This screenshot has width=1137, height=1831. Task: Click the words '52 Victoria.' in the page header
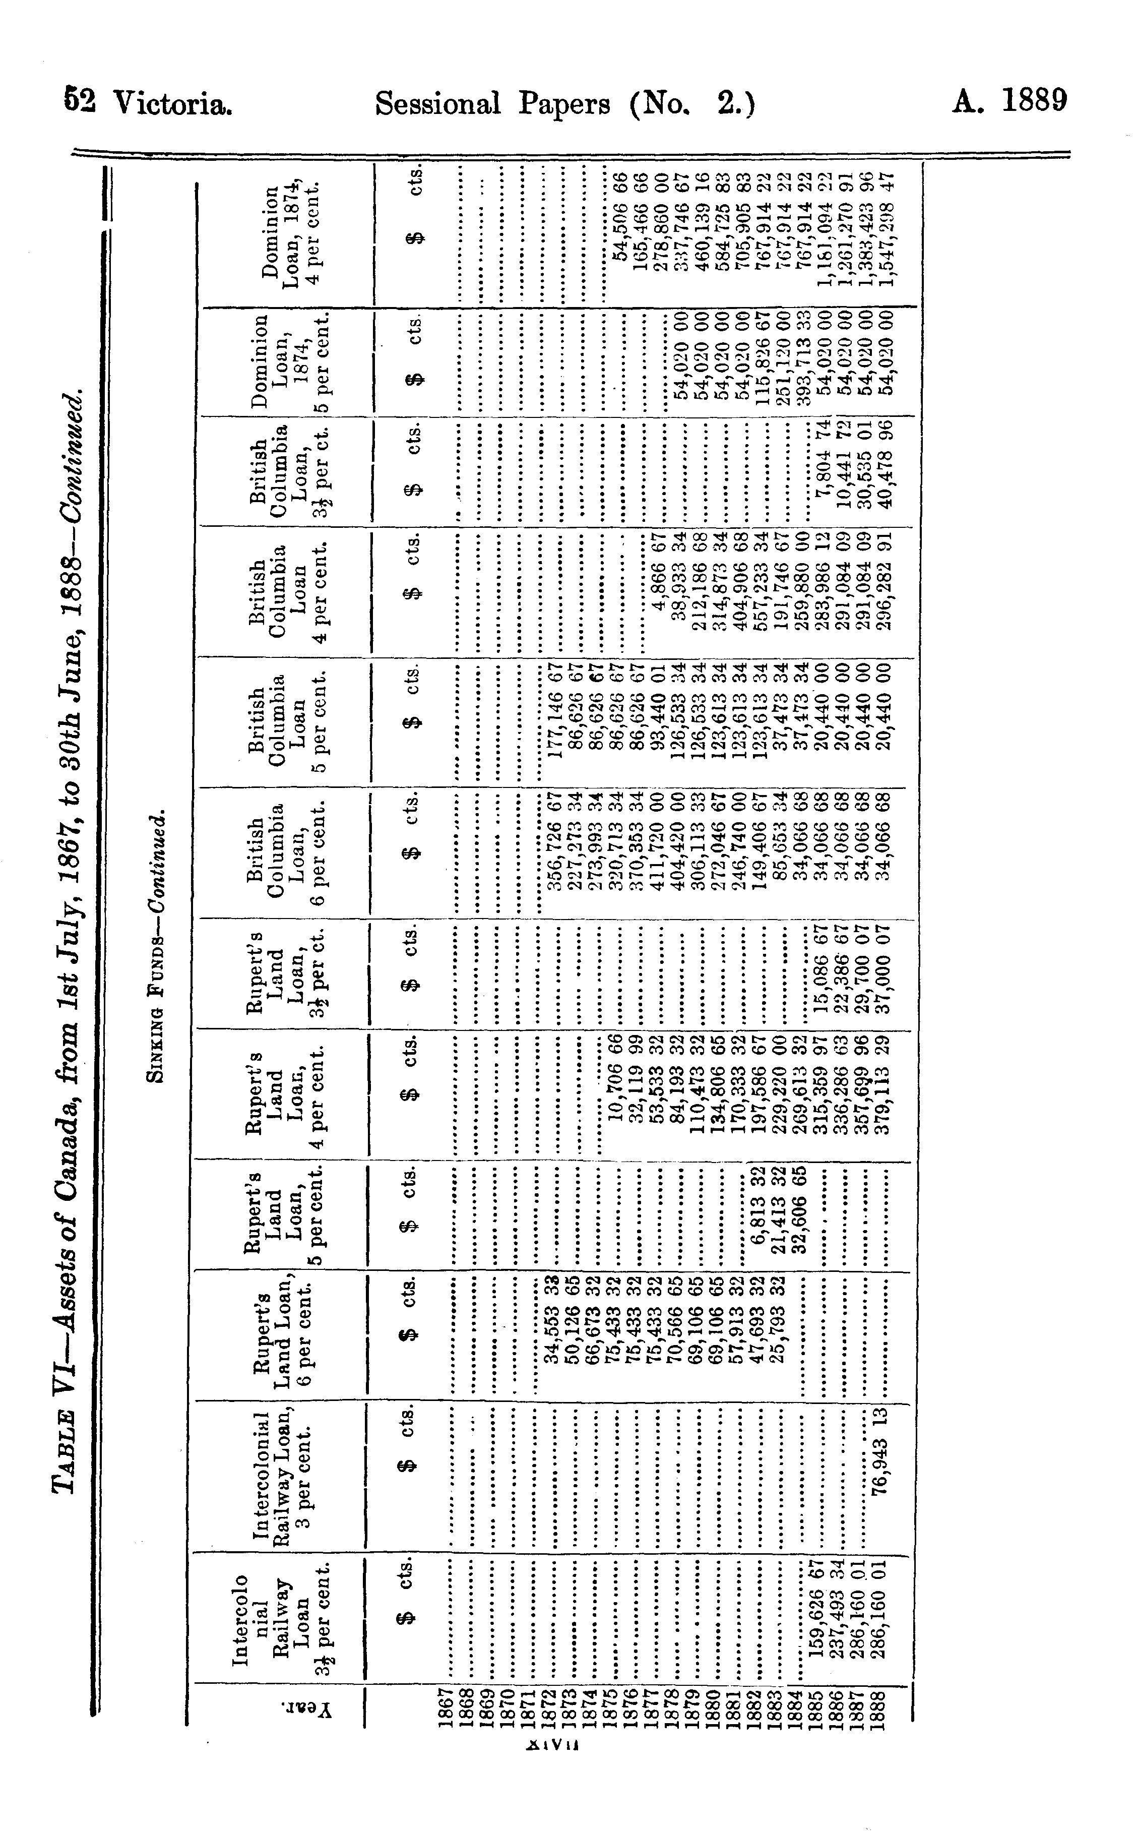[x=148, y=103]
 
